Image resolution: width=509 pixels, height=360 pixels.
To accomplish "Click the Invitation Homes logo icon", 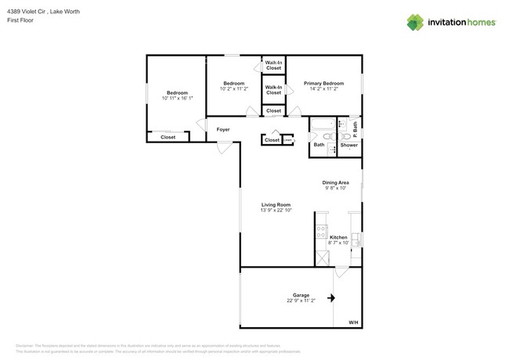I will (415, 22).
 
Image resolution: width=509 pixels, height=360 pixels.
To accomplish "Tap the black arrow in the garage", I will (331, 297).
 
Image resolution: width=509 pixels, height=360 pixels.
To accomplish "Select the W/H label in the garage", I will (352, 322).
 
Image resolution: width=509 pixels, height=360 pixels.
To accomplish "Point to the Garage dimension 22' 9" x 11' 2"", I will (301, 301).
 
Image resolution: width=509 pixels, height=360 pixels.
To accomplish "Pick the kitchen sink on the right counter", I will (356, 239).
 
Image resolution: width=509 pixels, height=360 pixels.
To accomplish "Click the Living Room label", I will (276, 204).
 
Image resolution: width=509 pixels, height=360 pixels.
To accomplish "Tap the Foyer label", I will (223, 129).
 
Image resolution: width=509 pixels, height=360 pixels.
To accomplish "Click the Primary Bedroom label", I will (323, 83).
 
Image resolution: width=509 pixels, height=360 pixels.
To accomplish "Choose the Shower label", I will (348, 145).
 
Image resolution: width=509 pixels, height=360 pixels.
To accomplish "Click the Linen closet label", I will (287, 141).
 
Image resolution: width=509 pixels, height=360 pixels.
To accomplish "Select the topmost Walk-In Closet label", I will (273, 65).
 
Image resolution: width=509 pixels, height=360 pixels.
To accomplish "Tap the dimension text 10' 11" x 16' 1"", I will (177, 99).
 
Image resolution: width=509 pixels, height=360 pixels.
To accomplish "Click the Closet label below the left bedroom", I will (168, 138).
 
